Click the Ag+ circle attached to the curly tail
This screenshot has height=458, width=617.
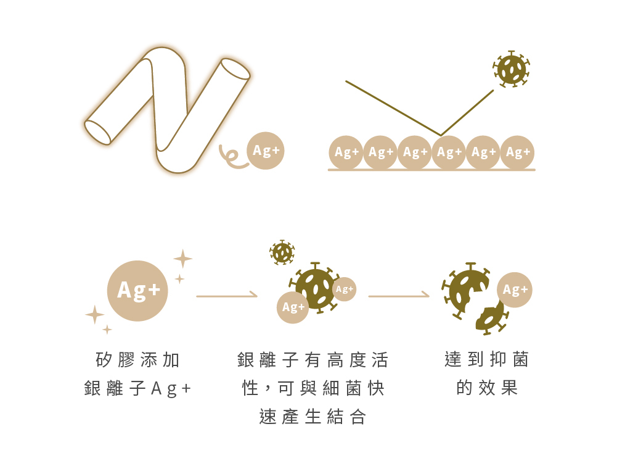tap(266, 151)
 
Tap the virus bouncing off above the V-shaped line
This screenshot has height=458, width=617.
tap(512, 69)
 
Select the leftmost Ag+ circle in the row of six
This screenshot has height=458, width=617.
tap(346, 152)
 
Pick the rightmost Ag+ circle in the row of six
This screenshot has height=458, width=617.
tap(518, 152)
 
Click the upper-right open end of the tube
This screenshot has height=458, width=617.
tap(235, 69)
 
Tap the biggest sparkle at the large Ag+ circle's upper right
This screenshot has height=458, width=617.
tap(182, 259)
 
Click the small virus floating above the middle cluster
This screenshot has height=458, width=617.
tap(282, 252)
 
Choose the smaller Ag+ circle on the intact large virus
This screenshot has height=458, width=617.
tap(344, 289)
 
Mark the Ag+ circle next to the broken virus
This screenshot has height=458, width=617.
tap(515, 289)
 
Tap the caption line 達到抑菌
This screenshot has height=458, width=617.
tap(487, 359)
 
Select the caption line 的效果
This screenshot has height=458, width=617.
tap(487, 388)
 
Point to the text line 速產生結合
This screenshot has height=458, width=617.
tap(313, 417)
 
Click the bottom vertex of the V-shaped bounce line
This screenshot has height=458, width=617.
tap(440, 135)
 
